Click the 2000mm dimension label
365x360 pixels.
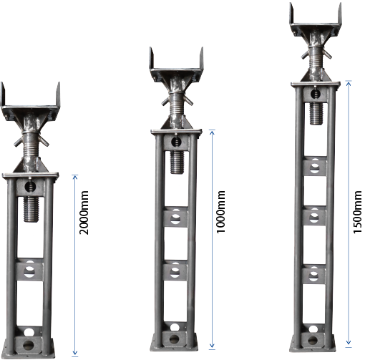[84, 213]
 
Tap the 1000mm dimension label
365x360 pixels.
[220, 212]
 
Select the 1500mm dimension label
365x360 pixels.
[357, 212]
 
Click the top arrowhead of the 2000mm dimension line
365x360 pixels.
[75, 177]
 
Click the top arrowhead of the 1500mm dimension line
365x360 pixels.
[349, 83]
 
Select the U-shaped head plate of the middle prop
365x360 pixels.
[177, 66]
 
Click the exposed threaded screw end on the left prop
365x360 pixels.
[31, 209]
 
